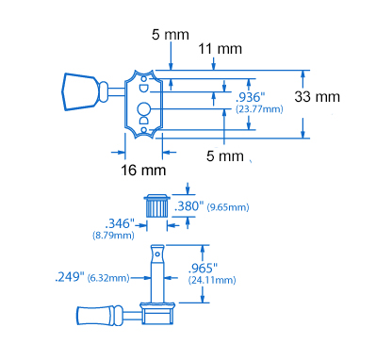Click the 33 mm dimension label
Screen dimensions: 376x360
[317, 97]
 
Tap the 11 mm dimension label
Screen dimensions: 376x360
[220, 49]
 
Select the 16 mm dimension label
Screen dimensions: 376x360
[143, 171]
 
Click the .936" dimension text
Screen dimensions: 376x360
[251, 97]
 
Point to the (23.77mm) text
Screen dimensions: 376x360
[259, 109]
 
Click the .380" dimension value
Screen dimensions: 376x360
[188, 206]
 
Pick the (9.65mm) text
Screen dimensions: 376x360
[228, 207]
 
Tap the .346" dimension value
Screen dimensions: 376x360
[120, 223]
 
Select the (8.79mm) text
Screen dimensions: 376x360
[113, 235]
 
